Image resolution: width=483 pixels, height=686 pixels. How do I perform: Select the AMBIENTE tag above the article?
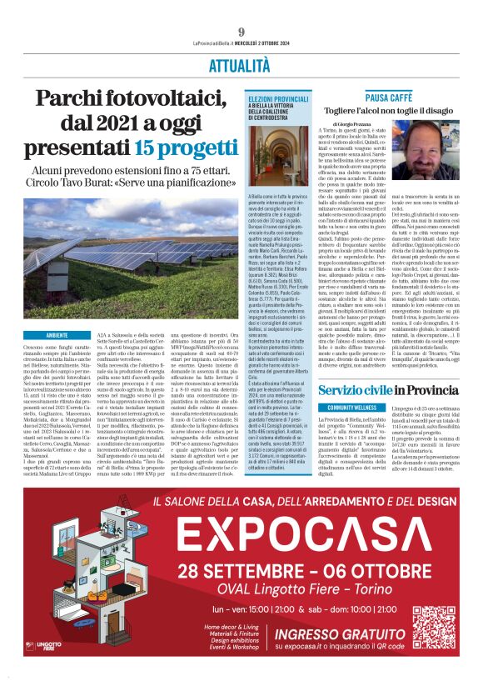(57, 335)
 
